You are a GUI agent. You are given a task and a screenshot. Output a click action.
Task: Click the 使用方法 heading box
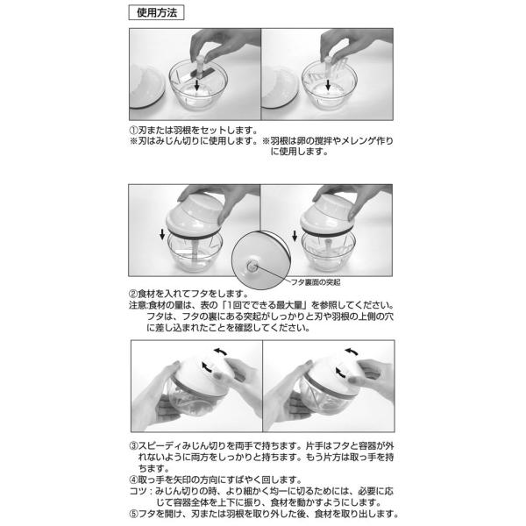click(156, 13)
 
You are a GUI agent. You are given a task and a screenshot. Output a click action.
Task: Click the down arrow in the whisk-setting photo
click(328, 84)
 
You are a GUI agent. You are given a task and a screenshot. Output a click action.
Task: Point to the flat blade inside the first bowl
click(198, 74)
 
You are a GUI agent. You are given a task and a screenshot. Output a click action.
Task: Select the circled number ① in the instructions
click(133, 130)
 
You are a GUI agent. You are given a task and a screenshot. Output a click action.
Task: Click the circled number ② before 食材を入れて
click(133, 295)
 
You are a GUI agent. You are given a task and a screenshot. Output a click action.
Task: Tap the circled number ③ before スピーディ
click(134, 446)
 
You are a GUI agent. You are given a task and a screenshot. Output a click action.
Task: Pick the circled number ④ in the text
click(134, 480)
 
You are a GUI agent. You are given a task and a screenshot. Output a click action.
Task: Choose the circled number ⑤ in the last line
click(134, 514)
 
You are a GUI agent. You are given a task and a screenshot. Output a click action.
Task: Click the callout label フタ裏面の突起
click(316, 282)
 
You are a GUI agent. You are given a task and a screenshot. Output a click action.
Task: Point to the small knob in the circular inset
click(251, 267)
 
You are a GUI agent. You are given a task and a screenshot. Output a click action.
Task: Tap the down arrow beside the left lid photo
click(162, 234)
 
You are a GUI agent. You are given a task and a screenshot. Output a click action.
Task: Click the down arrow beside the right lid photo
click(295, 236)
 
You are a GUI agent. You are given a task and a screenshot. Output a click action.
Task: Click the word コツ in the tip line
click(138, 492)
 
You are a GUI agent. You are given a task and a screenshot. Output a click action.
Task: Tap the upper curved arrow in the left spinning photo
click(221, 352)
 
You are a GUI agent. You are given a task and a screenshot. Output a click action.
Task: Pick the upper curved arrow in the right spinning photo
click(352, 352)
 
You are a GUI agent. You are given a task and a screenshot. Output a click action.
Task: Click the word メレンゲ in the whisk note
click(359, 141)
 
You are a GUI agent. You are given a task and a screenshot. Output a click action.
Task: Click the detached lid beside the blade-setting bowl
click(146, 86)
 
